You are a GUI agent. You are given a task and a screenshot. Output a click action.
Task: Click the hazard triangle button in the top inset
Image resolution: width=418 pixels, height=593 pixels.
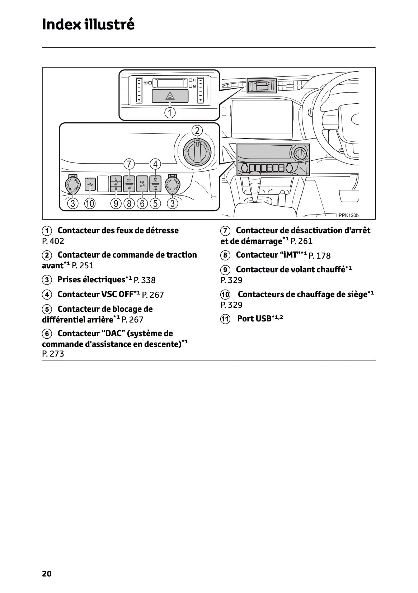(170, 96)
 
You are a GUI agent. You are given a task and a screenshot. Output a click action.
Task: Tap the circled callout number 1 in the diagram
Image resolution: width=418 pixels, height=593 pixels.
(170, 113)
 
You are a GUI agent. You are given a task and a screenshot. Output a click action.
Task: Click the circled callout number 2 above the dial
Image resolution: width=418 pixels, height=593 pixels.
(197, 130)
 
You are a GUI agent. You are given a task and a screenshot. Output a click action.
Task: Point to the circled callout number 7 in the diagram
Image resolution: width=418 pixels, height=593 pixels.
(129, 164)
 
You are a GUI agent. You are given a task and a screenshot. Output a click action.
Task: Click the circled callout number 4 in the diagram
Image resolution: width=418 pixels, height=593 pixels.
(155, 164)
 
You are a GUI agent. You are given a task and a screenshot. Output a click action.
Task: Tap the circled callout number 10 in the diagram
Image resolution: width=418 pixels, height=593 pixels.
(89, 204)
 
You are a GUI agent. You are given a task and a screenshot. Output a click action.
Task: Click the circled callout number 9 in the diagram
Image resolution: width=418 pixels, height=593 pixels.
(116, 204)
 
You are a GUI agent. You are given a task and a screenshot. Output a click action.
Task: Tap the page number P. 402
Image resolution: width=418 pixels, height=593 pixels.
(53, 241)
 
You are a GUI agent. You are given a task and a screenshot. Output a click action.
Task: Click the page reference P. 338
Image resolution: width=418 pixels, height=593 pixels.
(145, 280)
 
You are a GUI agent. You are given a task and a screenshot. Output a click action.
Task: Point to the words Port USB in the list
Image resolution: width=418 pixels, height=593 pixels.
(254, 319)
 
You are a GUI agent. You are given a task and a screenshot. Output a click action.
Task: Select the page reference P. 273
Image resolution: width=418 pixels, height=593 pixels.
(53, 354)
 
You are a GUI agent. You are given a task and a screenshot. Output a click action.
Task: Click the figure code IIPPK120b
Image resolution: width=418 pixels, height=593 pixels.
(347, 215)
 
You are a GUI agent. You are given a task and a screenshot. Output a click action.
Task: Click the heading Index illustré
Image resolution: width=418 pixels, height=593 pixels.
(88, 24)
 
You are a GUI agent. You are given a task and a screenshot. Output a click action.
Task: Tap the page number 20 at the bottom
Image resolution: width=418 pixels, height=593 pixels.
(47, 574)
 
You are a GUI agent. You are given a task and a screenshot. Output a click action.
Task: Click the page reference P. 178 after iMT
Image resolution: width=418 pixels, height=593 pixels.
(319, 256)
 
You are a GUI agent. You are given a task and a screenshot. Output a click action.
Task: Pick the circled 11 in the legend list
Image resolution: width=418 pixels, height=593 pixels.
(225, 319)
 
